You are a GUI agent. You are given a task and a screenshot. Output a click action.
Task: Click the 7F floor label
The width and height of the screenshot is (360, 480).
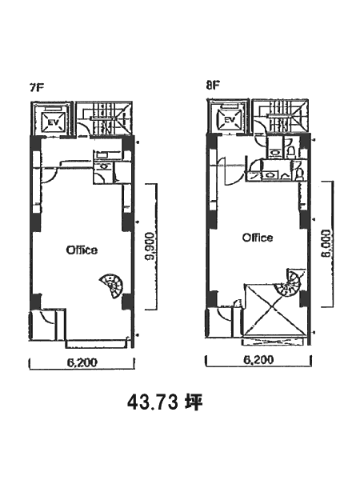point(37,87)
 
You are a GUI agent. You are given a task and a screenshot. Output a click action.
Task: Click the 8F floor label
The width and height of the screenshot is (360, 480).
point(213,85)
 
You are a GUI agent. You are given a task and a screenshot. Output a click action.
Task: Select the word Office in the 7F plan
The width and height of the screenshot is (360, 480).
point(82,250)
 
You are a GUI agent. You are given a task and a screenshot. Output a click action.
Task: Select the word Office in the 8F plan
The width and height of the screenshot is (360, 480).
point(258,238)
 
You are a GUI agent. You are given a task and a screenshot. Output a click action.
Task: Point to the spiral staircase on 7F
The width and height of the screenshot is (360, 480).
point(112,286)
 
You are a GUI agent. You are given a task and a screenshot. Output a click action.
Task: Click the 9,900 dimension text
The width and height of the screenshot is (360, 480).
point(150,246)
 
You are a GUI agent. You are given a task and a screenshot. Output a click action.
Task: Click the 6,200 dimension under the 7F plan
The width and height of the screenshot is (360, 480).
point(82,362)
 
